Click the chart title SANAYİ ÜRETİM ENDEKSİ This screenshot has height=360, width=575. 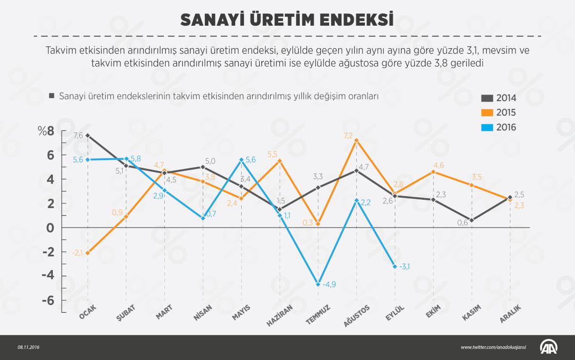(x=287, y=19)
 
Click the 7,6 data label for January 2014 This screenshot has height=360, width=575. (x=78, y=136)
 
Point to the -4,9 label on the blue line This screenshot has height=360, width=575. (x=329, y=285)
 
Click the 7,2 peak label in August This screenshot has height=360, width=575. (x=348, y=136)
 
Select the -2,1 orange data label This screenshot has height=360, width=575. (x=77, y=253)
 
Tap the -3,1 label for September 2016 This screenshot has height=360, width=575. (x=405, y=266)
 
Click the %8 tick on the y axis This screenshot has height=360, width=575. (x=46, y=131)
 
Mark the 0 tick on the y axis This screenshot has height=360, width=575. (x=50, y=228)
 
